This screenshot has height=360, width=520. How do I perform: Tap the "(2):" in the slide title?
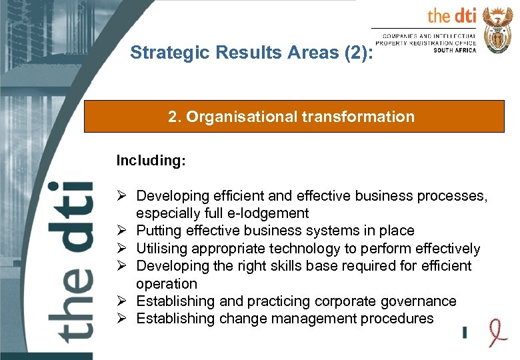point(357,53)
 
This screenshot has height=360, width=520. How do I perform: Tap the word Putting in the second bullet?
point(157,231)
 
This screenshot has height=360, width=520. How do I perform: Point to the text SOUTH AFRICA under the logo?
point(455,50)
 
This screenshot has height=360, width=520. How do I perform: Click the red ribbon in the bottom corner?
point(495,331)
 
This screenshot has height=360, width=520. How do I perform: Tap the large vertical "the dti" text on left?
point(70,260)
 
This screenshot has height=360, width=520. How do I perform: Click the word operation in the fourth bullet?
point(167,284)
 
